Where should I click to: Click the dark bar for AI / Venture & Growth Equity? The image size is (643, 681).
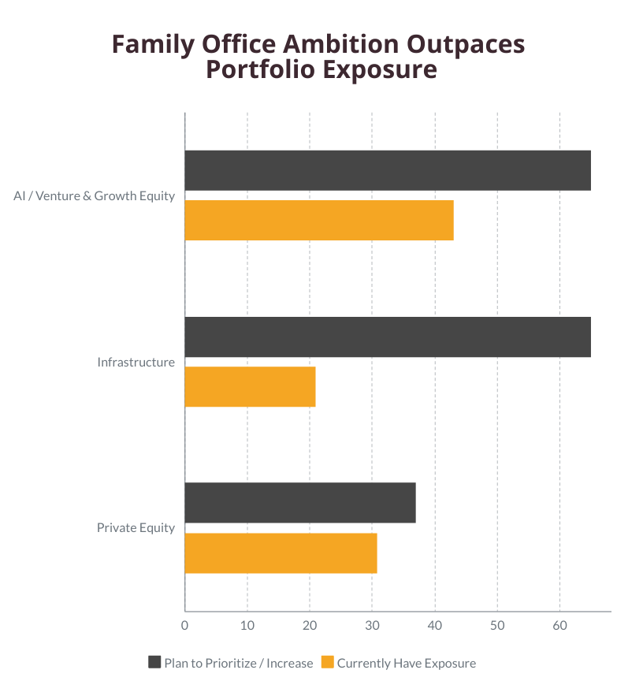click(x=388, y=170)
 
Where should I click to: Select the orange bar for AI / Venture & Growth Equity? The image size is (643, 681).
click(x=319, y=220)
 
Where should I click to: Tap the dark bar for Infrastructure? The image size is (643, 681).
click(x=388, y=337)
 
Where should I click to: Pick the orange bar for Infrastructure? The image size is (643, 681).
click(x=250, y=386)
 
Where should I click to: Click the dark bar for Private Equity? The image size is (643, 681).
click(x=300, y=503)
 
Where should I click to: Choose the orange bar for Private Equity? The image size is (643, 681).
click(x=281, y=553)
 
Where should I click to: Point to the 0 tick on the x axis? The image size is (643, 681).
click(x=185, y=626)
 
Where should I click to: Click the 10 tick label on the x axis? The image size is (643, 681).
click(x=247, y=626)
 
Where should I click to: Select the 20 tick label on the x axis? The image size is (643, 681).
click(x=310, y=626)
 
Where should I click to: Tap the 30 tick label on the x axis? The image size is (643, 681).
click(x=372, y=626)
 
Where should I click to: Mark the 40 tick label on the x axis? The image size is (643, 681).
click(x=435, y=626)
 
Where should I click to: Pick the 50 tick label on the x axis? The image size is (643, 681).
click(x=497, y=626)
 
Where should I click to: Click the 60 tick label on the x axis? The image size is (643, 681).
click(x=559, y=626)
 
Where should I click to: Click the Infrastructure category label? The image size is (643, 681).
click(x=136, y=363)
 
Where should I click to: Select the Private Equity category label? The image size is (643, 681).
click(x=136, y=528)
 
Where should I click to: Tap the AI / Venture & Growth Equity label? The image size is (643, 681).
click(x=94, y=195)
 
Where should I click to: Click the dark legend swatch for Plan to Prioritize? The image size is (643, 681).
click(x=154, y=662)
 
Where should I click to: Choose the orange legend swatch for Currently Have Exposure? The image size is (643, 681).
click(x=328, y=662)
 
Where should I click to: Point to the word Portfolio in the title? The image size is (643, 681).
click(x=255, y=69)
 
